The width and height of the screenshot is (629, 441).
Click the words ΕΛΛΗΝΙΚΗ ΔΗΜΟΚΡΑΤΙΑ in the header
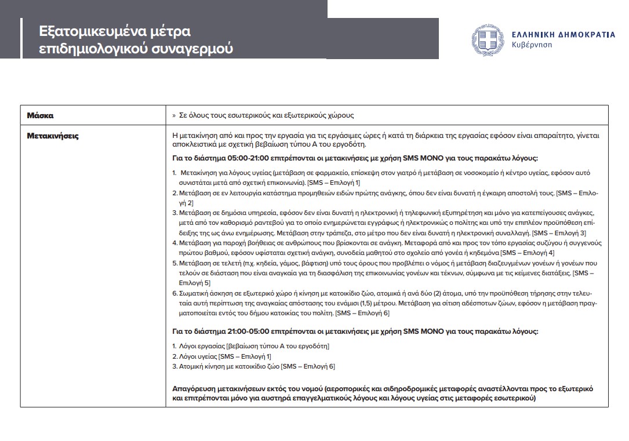[563, 35]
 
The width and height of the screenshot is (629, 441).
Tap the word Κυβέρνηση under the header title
[532, 45]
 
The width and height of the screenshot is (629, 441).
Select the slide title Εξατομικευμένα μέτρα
[114, 31]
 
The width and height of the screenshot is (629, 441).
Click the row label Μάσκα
[40, 115]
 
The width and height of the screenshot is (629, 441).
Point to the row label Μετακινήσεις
[53, 136]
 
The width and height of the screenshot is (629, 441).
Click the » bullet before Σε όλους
[174, 115]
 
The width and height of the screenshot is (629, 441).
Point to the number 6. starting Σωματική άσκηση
[175, 293]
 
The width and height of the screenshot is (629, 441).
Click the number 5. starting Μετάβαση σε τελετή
[175, 263]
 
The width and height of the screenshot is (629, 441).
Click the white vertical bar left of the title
[21, 38]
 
